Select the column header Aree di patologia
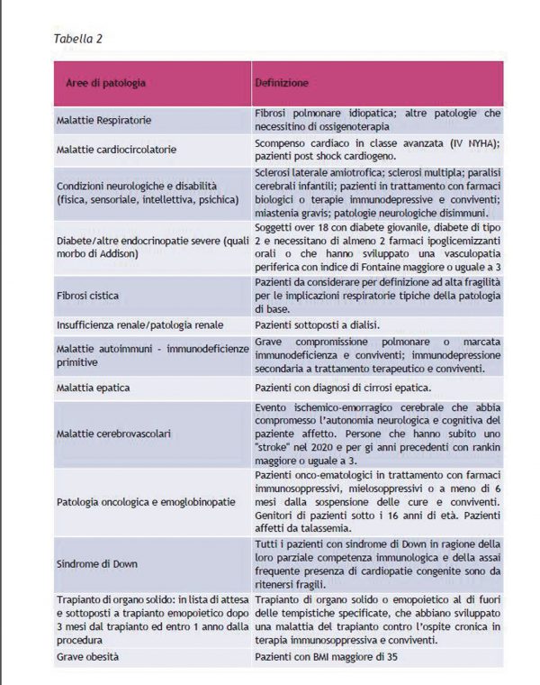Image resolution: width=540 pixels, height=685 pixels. (105, 83)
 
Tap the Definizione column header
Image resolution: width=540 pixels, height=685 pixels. (282, 83)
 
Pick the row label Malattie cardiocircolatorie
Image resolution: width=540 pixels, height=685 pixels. (116, 149)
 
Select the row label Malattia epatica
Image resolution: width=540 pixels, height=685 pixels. (94, 388)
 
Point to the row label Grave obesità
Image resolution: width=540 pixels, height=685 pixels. (87, 657)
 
